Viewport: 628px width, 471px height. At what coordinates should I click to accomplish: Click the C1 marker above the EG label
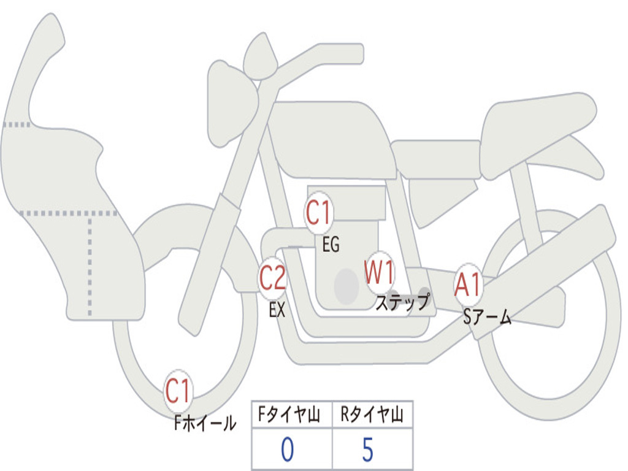318,213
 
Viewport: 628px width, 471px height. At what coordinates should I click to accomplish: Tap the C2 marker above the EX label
272,278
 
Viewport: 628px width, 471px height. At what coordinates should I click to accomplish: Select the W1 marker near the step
379,273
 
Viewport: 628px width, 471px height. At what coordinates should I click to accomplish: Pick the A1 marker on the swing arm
467,285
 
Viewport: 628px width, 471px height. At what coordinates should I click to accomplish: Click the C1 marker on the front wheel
178,391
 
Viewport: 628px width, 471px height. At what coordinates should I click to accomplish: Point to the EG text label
331,244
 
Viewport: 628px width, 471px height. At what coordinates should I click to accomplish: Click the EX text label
277,309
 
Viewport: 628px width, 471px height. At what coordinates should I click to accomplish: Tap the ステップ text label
402,302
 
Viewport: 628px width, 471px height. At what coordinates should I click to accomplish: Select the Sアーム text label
487,317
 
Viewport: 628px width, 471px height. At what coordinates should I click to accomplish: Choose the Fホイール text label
205,423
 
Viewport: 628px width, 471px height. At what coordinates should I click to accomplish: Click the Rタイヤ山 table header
372,414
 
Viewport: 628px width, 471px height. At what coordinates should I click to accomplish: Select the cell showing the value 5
372,448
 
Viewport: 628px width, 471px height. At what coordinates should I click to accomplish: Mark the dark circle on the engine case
347,286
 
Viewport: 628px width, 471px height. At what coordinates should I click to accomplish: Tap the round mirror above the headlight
261,56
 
